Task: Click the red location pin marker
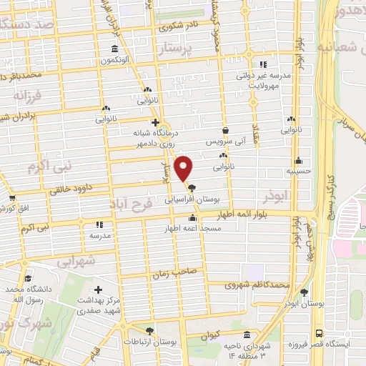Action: pos(184,168)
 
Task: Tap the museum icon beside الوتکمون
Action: pos(114,49)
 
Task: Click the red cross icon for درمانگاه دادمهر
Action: pos(155,122)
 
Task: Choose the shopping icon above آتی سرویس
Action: pos(227,131)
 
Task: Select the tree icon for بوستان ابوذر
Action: pos(305,292)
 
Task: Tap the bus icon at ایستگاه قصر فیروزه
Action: pos(317,334)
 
